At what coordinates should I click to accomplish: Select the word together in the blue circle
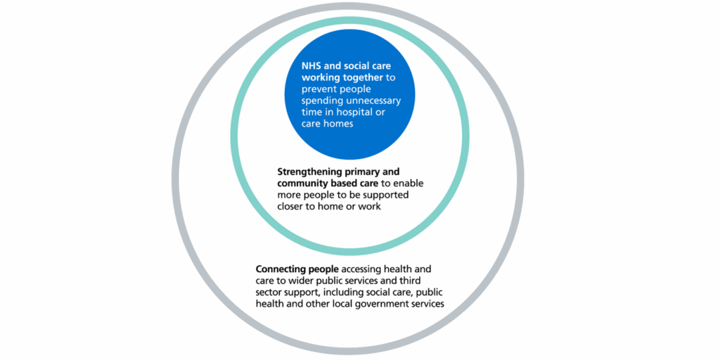click(x=366, y=77)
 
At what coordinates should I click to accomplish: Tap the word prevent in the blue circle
click(x=321, y=89)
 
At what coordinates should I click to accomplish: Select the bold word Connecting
click(x=282, y=269)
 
